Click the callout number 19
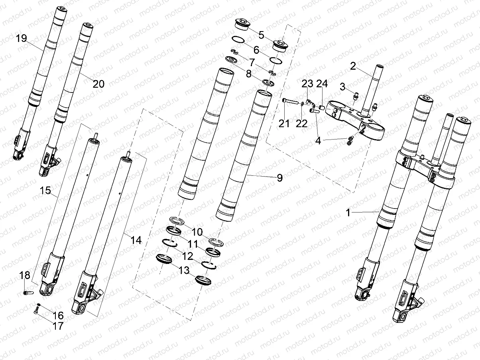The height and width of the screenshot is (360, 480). coord(21,38)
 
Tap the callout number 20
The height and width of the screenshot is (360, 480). coord(98,84)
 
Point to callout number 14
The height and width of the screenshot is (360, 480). coord(136,240)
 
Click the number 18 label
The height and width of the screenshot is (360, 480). coord(25,275)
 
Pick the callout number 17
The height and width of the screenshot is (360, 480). coord(57,326)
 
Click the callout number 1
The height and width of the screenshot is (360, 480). coord(348,213)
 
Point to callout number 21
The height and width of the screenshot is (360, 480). coord(284,124)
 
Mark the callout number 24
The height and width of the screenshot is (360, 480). coord(322,84)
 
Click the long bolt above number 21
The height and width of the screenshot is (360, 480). coord(291,101)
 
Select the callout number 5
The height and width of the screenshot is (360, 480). coord(261,35)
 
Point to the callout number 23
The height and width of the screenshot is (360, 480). coord(307,84)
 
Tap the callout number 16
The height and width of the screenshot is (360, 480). coord(57,316)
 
